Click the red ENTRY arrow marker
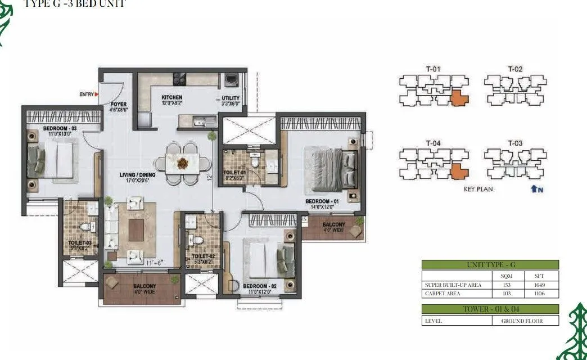(x=97, y=94)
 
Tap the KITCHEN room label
(x=171, y=97)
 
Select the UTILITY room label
(x=231, y=98)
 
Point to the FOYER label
(x=118, y=105)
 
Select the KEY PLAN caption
(x=478, y=190)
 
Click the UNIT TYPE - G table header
(x=490, y=264)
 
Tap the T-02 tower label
(x=515, y=69)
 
